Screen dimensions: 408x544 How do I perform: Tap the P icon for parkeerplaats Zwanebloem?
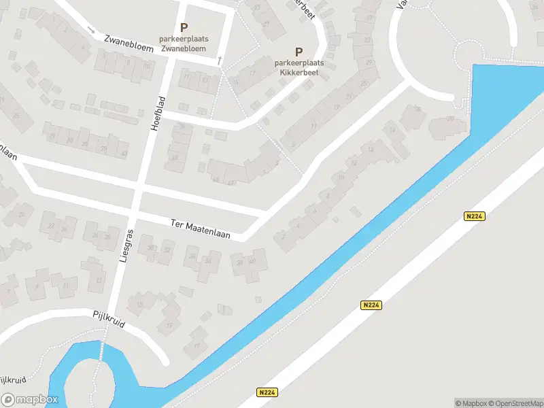tap(184, 28)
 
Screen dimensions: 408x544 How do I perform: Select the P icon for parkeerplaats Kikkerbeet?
tap(299, 52)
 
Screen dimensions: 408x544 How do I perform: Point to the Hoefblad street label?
tap(162, 120)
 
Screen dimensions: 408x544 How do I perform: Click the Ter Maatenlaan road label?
tap(200, 229)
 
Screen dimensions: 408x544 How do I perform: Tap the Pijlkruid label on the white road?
tap(109, 320)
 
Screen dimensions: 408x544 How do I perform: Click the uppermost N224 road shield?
tap(474, 216)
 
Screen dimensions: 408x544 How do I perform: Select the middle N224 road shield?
tap(371, 305)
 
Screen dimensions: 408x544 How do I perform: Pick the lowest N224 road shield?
tap(267, 392)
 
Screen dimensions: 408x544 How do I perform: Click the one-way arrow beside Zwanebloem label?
tap(91, 29)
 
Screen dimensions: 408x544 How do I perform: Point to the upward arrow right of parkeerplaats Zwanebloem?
tap(220, 61)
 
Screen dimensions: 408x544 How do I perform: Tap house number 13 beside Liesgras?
tap(99, 279)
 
